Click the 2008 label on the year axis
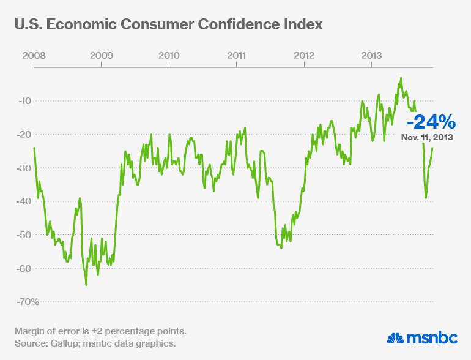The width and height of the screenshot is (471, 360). click(33, 55)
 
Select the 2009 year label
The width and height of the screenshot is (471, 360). click(101, 55)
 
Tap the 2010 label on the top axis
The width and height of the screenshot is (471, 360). click(169, 55)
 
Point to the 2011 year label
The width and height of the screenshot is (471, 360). click(236, 55)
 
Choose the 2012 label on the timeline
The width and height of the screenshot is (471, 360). click(304, 55)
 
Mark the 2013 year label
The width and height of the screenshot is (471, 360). click(372, 55)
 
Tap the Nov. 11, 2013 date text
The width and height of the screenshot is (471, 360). click(427, 138)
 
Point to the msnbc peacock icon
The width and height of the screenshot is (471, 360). click(397, 337)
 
